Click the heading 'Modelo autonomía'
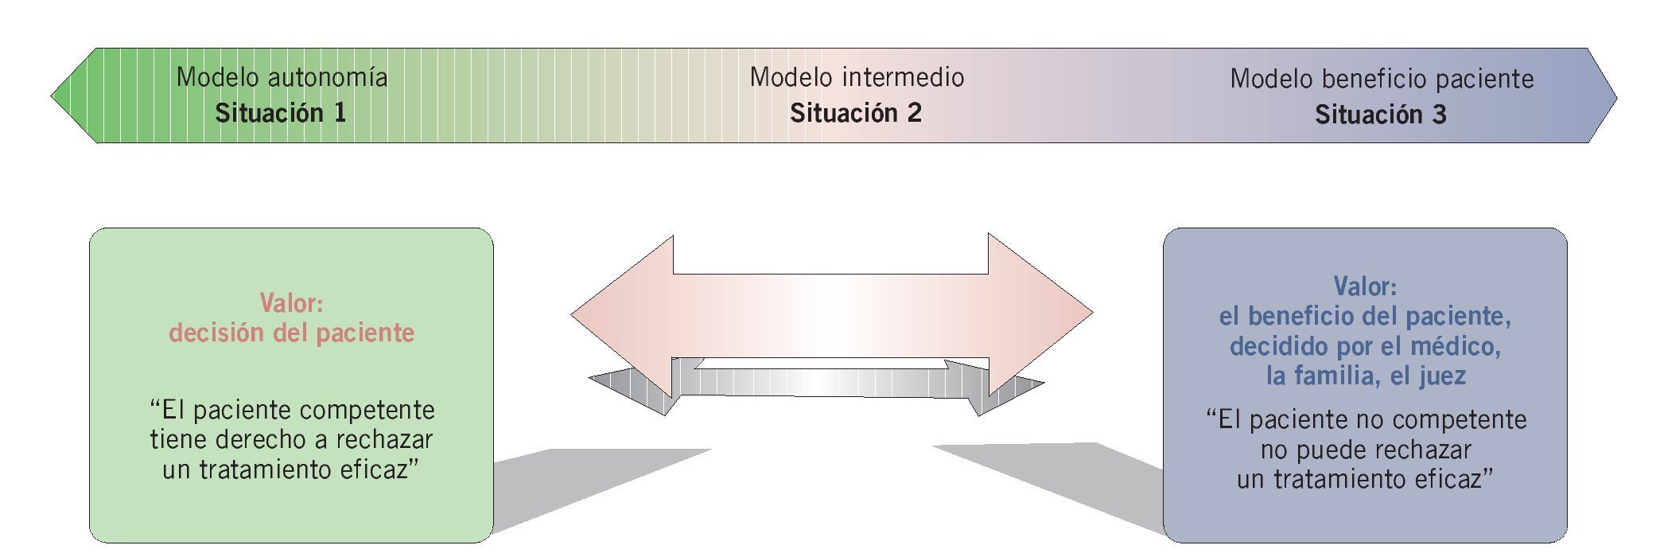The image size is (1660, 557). coord(282,77)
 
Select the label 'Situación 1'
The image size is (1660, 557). coord(280,113)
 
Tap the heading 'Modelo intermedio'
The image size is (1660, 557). coord(857,77)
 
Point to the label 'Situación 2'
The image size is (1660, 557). coord(855,113)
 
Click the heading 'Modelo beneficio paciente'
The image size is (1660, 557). coord(1382,79)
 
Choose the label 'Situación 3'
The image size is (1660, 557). coord(1380,115)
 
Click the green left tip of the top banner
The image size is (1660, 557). coord(76,96)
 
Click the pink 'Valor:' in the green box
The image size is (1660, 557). coord(291,302)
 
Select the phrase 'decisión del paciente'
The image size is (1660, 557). coord(291,333)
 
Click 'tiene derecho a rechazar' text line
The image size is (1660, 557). coord(291,439)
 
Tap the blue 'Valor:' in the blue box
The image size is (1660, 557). coord(1365,286)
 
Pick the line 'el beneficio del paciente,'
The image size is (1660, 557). coord(1365,316)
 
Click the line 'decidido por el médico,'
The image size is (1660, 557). coord(1365,346)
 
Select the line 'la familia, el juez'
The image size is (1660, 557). coord(1365,376)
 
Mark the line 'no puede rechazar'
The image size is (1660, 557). coord(1365,450)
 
